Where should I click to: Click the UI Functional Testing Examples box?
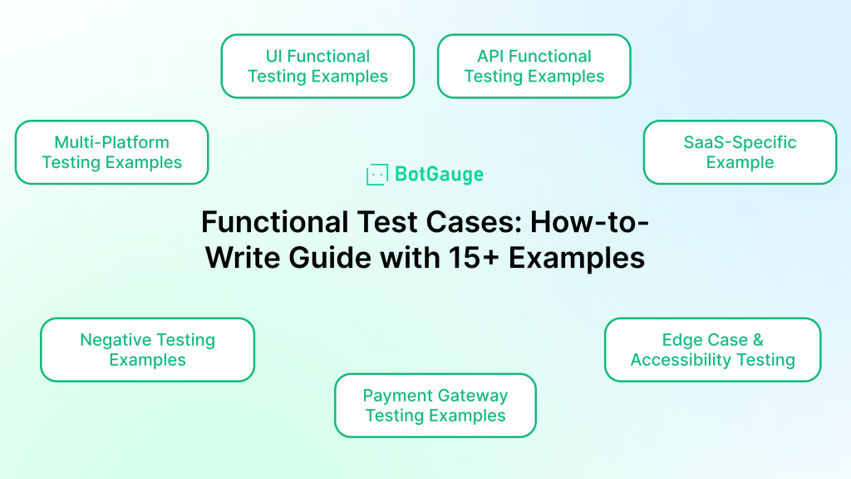[x=317, y=67]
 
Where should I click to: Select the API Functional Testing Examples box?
[x=534, y=67]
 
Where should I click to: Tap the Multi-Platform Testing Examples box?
[x=112, y=152]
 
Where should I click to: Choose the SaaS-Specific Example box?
[x=740, y=152]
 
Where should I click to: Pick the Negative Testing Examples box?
[x=148, y=350]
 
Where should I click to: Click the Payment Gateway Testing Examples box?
[x=435, y=405]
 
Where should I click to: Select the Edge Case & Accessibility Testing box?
[x=712, y=350]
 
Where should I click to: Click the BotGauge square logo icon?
[x=377, y=175]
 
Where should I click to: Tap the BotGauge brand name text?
[x=439, y=175]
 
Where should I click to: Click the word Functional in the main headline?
[x=274, y=222]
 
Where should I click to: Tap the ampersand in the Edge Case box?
[x=758, y=340]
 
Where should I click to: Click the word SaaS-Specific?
[x=740, y=142]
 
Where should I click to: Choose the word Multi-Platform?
[x=112, y=142]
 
